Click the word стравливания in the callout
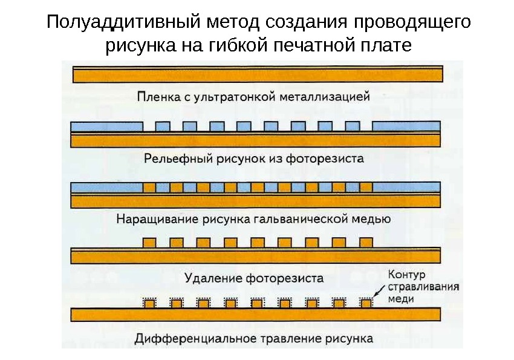click(x=423, y=287)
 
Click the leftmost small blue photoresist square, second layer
click(x=162, y=126)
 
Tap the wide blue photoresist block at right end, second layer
click(x=406, y=126)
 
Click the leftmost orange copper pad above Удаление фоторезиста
click(x=149, y=243)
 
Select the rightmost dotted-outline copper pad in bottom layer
click(x=365, y=303)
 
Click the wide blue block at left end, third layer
click(x=106, y=187)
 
